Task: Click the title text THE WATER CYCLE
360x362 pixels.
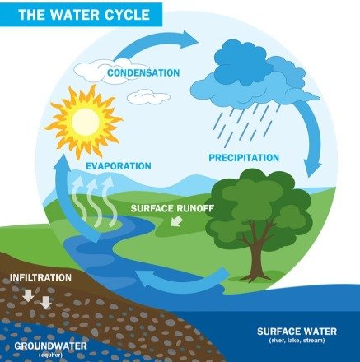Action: coord(84,15)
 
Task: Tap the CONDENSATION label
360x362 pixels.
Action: coord(143,73)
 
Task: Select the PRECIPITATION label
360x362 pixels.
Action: coord(244,158)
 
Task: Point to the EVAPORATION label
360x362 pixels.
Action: coord(119,166)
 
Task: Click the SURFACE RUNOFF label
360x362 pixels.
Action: coord(172,208)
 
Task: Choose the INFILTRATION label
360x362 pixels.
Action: coord(40,277)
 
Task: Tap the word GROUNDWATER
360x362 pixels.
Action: coord(50,346)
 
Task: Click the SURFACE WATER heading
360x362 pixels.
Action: coord(297,332)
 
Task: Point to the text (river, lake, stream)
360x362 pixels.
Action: coord(297,341)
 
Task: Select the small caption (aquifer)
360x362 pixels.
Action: coord(51,355)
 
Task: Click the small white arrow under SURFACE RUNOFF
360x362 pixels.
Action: coord(176,220)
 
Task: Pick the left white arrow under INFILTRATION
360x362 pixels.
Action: coord(28,295)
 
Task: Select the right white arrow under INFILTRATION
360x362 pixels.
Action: coord(45,303)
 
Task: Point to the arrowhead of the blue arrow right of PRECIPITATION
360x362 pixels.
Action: coord(312,167)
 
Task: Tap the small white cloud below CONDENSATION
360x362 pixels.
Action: coord(148,97)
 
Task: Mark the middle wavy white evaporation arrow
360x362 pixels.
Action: coord(95,202)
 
